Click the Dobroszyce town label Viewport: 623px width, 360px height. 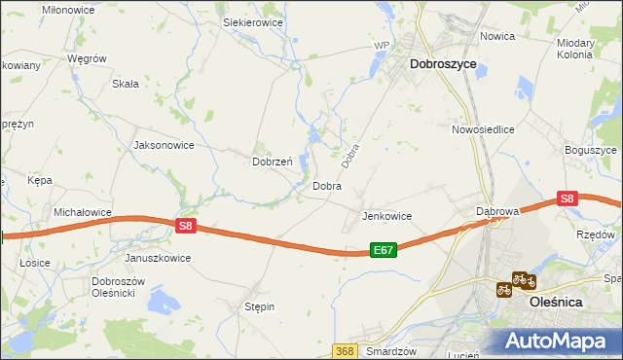pos(443,63)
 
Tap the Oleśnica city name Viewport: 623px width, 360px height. pos(556,303)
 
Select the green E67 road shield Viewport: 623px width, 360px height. pos(384,250)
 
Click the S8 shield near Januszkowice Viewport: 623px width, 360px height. pos(188,226)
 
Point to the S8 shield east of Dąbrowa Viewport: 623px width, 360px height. pos(568,198)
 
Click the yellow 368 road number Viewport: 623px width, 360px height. pos(344,350)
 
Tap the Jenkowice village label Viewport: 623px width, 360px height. pos(386,216)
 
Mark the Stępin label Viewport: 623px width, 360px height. pos(259,306)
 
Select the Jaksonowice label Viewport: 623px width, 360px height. pos(164,145)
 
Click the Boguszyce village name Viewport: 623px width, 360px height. pos(591,151)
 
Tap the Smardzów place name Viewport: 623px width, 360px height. pos(392,351)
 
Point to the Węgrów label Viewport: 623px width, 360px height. pos(86,58)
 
